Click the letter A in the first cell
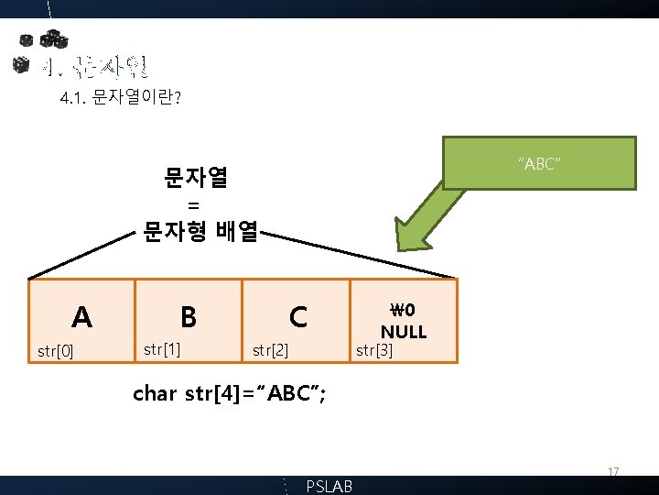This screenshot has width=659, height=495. (x=82, y=317)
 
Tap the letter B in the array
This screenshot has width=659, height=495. (x=189, y=317)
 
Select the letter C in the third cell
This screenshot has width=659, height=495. (x=297, y=317)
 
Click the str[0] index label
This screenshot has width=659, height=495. (x=55, y=350)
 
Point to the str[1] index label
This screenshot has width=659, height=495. (x=161, y=349)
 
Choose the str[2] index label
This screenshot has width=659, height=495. (x=270, y=349)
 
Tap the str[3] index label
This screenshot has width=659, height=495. (x=373, y=349)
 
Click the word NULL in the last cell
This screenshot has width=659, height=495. (x=404, y=331)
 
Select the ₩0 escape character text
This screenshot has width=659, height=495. (x=404, y=310)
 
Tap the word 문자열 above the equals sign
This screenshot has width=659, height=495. (x=196, y=176)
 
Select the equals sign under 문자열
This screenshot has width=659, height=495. (x=192, y=204)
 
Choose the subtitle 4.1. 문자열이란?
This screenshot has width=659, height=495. (x=119, y=97)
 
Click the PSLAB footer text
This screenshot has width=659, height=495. (x=329, y=487)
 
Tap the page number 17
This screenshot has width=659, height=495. (x=614, y=472)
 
